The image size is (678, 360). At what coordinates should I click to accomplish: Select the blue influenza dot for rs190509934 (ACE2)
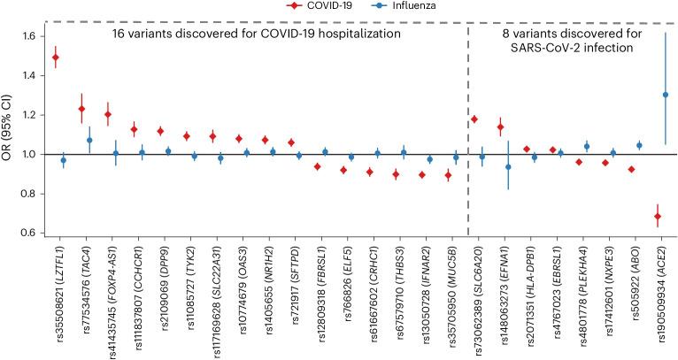[x=665, y=95]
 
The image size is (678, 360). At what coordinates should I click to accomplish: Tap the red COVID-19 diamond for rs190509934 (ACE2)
[x=658, y=216]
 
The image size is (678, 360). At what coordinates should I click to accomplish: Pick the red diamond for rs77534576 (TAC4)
[x=81, y=109]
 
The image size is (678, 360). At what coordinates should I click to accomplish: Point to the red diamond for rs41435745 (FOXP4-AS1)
[x=108, y=114]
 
